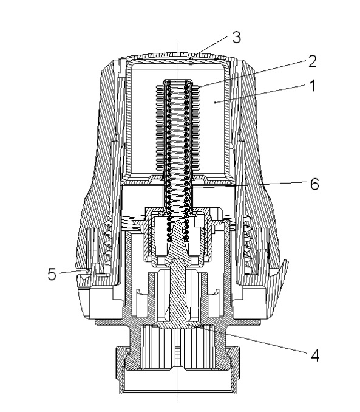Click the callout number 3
237,37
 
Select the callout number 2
312,61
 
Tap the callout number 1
313,86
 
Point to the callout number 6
314,184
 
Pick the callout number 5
52,274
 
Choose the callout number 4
315,355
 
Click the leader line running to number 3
210,47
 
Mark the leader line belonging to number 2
251,74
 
